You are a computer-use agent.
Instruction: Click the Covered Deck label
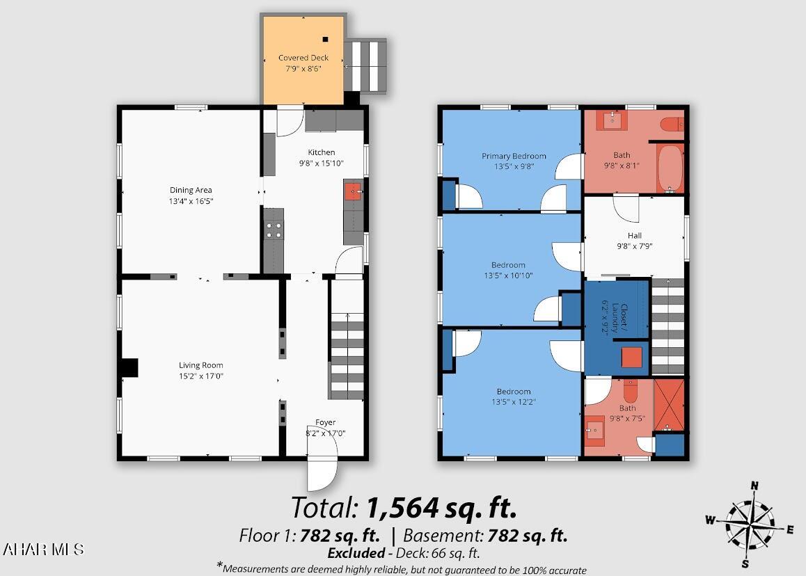(303, 58)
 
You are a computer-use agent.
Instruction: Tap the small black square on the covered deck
(325, 39)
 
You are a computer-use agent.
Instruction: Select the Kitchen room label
(322, 152)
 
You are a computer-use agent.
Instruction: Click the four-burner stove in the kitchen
(274, 230)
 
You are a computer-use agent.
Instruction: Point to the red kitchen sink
(353, 191)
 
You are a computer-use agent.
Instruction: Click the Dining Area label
(191, 190)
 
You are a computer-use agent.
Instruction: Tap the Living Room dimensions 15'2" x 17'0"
(201, 376)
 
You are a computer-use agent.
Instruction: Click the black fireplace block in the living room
(129, 368)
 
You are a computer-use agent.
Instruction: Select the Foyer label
(325, 422)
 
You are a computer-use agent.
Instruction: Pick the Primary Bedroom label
(514, 156)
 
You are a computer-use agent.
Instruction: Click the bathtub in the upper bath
(670, 168)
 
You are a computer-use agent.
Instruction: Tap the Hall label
(635, 235)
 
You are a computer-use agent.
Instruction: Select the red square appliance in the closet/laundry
(632, 358)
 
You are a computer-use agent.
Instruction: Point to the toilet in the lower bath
(630, 392)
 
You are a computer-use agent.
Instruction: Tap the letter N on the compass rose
(754, 486)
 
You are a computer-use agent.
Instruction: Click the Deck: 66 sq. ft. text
(446, 553)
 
